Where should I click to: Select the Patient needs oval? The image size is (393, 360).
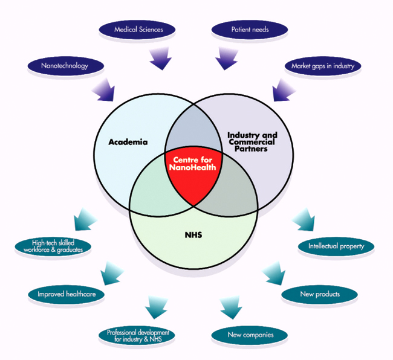click(250, 28)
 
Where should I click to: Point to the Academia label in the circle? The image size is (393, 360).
click(128, 143)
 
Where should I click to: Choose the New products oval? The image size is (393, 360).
click(319, 294)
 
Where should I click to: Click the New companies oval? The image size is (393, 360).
click(250, 334)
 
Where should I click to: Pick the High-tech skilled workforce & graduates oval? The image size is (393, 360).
click(54, 246)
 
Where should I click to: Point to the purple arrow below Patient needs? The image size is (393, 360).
click(229, 58)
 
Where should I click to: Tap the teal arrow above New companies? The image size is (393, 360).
click(230, 307)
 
